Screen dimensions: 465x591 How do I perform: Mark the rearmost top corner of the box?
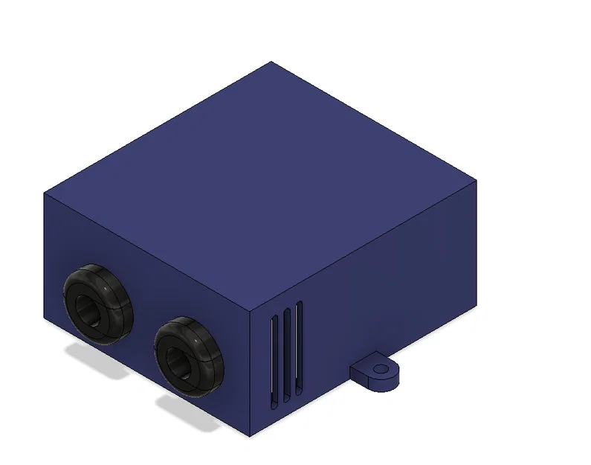click(x=272, y=62)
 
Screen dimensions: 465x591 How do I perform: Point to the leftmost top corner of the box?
click(x=44, y=192)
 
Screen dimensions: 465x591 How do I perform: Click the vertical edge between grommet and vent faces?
click(x=249, y=372)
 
